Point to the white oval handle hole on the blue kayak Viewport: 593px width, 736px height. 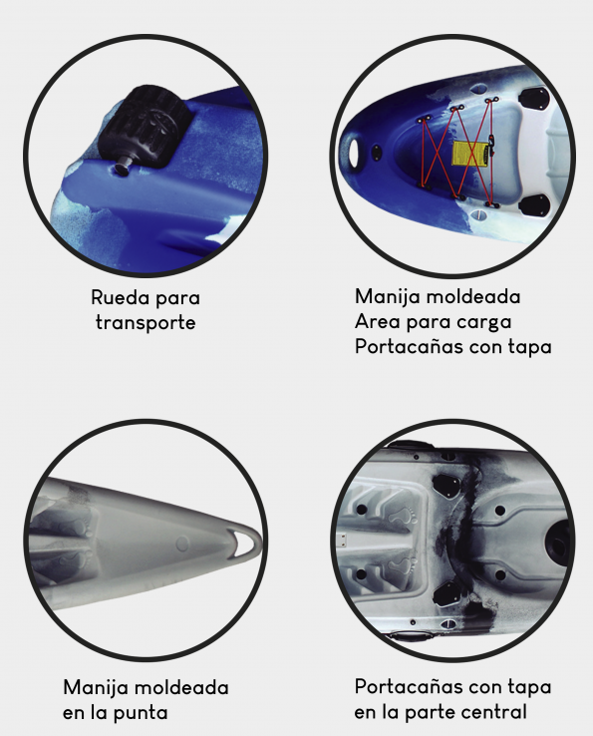[x=356, y=150]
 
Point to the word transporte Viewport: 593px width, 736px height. [x=146, y=322]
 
